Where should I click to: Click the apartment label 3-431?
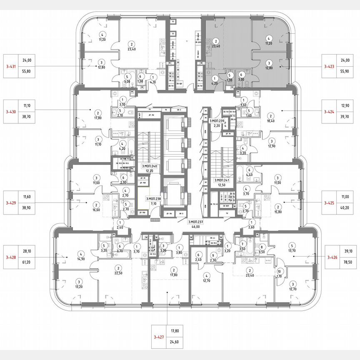11,66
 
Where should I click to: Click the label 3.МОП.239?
217,121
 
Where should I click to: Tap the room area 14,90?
81,258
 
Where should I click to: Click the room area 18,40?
271,121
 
